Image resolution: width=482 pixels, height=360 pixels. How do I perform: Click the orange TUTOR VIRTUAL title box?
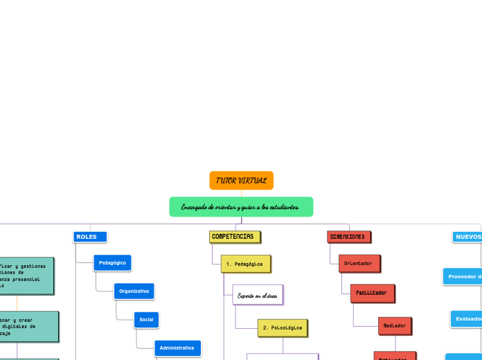[241, 180]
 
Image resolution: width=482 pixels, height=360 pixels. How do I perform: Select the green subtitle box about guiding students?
[241, 206]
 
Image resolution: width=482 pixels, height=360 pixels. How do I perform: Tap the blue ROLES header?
[90, 237]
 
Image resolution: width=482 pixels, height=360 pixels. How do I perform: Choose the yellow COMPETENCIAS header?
[234, 237]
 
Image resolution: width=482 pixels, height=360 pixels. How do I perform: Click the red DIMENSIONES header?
[348, 237]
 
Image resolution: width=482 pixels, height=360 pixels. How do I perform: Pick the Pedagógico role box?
[112, 263]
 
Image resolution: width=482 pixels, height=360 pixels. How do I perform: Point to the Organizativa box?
[134, 291]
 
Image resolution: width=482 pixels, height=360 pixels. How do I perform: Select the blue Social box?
[146, 319]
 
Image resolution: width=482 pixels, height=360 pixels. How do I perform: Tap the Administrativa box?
[177, 348]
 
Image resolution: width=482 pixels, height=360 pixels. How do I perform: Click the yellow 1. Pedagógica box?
[245, 264]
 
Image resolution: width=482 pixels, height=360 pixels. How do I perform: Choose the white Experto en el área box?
[258, 295]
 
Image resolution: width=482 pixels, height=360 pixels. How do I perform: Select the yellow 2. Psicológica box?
[282, 327]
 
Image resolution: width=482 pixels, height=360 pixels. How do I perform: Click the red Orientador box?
[359, 264]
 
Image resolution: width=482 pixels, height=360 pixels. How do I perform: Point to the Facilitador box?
[372, 293]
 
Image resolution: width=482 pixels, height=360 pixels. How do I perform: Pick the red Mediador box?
[395, 325]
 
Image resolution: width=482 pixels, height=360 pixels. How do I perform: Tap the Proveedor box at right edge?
[463, 276]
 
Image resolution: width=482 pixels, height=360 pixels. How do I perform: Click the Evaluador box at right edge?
[466, 318]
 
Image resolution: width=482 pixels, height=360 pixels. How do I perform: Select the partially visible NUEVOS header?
[468, 237]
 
